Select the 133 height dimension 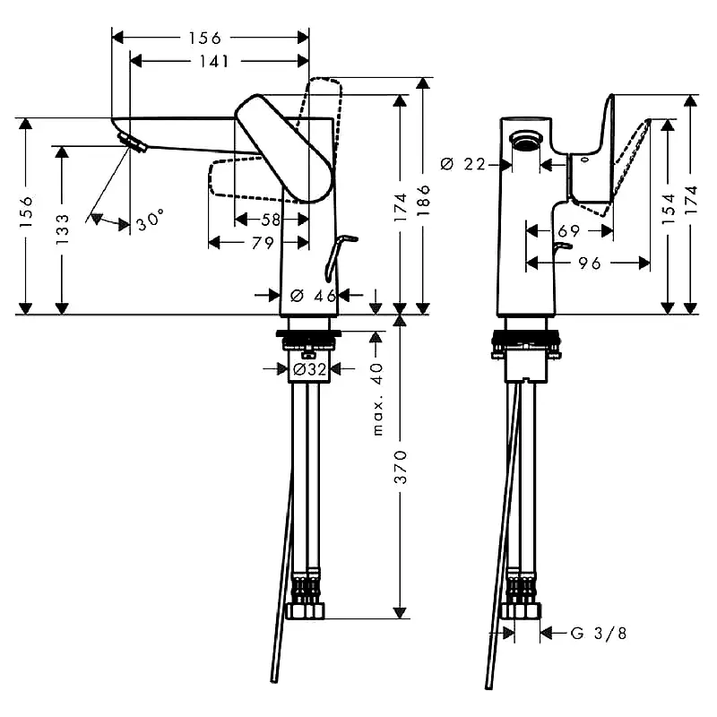click(62, 229)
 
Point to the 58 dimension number click(270, 219)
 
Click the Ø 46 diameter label click(313, 295)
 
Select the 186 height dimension click(424, 199)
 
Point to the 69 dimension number click(569, 231)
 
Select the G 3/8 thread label click(599, 634)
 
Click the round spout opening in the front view click(524, 138)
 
